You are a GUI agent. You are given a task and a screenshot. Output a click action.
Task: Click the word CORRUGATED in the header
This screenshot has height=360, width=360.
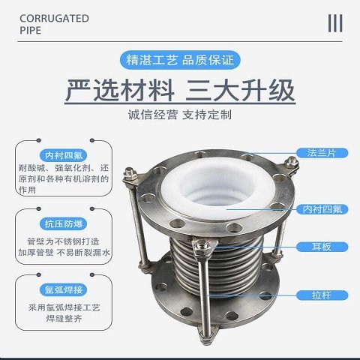pos(54,19)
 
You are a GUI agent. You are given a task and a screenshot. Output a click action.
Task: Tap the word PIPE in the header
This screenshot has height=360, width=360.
pos(30,31)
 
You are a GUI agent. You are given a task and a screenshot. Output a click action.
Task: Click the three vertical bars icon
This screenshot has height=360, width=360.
pos(335,23)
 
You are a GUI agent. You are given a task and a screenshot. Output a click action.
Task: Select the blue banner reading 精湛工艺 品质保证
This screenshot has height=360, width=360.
pos(180,60)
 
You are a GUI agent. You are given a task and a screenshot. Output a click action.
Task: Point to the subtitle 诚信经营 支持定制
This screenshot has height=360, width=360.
pos(180,115)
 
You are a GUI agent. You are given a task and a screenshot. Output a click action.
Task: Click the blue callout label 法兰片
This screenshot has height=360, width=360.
pos(322,153)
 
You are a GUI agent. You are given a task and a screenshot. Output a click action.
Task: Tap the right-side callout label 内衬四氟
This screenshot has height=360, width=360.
pos(322,209)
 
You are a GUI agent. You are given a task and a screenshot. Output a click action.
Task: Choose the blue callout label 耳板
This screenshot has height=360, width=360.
pos(322,247)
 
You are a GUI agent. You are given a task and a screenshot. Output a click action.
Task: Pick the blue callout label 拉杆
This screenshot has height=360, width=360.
pos(322,295)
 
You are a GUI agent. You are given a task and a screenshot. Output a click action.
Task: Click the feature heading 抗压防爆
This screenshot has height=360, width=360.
pos(64,223)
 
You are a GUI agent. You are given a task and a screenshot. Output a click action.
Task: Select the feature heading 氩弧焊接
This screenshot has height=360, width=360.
pos(64,289)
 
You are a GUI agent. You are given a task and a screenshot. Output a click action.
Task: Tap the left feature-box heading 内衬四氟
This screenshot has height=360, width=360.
pos(64,155)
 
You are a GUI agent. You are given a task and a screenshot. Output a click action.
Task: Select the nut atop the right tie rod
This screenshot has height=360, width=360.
pos(292,162)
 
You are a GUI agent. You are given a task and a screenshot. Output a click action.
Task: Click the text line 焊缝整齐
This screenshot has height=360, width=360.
pos(64,319)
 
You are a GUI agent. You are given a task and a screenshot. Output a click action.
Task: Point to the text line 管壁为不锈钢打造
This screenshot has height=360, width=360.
pos(63,241)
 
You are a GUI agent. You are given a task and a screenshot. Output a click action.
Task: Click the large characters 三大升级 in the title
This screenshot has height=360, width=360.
pos(240,90)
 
